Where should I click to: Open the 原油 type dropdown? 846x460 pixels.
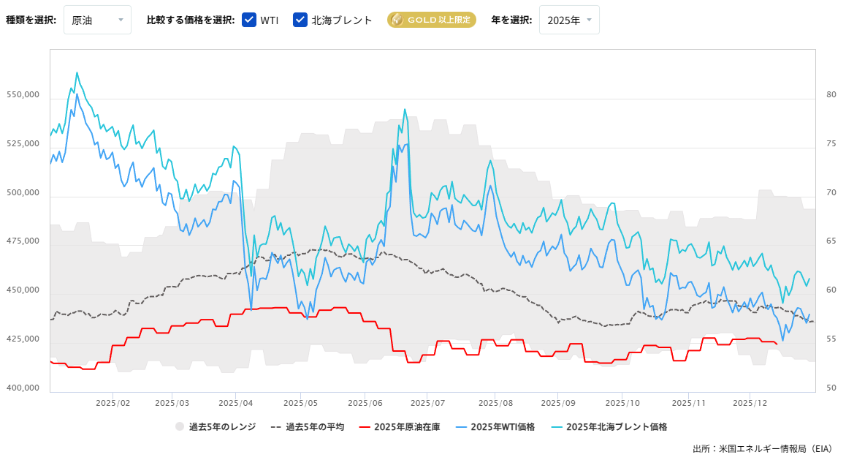click(x=97, y=20)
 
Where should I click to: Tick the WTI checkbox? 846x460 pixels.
click(x=249, y=20)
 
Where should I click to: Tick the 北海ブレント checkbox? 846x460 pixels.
click(x=300, y=20)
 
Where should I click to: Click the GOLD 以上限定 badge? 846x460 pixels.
click(x=431, y=20)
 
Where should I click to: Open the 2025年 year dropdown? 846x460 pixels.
click(x=569, y=20)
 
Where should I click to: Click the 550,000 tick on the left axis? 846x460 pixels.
click(x=23, y=95)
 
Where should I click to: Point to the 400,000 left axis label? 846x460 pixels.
click(x=23, y=388)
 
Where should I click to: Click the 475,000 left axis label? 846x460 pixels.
click(x=23, y=241)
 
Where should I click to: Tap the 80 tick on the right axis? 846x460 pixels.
click(x=831, y=95)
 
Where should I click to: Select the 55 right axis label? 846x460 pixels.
click(x=831, y=339)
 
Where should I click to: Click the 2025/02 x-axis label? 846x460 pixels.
click(x=113, y=403)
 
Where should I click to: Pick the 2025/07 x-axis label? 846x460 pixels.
click(x=428, y=403)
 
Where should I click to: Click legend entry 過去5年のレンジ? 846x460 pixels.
click(x=216, y=426)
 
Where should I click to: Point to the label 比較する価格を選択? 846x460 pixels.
click(x=191, y=20)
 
